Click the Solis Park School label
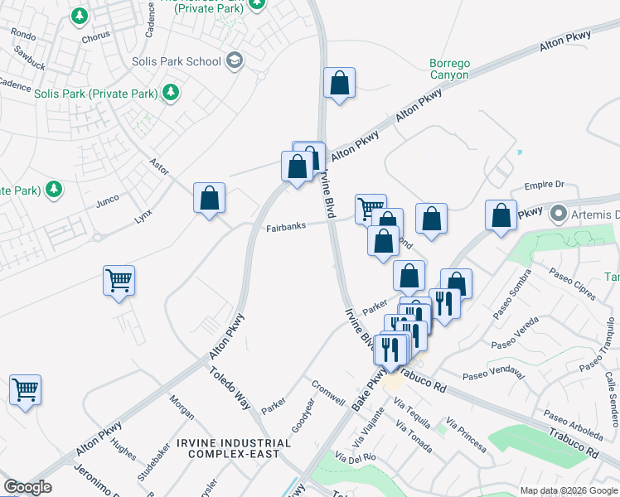point(177,61)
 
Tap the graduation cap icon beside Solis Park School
point(235,60)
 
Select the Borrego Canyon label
point(449,69)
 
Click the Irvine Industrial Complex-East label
point(240,448)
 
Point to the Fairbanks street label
point(287,227)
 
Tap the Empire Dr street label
point(544,185)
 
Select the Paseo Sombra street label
point(511,302)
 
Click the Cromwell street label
point(328,393)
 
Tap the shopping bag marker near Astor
point(210,198)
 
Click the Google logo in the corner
point(27,487)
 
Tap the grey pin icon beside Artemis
point(559,215)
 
